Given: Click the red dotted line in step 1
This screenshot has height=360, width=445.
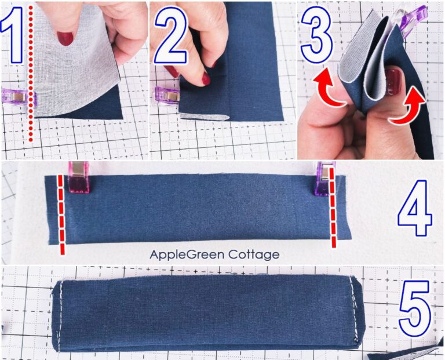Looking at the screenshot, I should (30, 75).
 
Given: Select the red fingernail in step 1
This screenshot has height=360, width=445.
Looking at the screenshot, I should (65, 38).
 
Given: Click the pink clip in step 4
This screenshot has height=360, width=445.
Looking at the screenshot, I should (78, 177).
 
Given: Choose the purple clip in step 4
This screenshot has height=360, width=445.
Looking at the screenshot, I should (322, 177).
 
